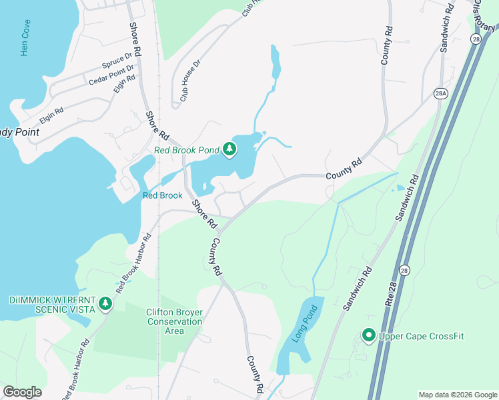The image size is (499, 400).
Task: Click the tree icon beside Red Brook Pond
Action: [x=229, y=149]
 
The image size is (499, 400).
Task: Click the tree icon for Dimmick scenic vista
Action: [x=105, y=304]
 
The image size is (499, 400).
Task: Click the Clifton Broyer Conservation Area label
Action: [x=174, y=321]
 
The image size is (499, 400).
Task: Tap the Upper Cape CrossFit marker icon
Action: [x=368, y=336]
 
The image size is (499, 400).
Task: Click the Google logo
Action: [x=22, y=392]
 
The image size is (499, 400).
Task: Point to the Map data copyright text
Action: [x=457, y=395]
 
